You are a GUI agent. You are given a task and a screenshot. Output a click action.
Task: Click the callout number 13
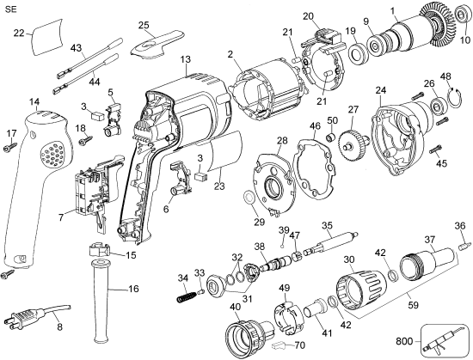[x=185, y=59]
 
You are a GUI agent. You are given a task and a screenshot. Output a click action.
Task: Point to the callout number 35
[x=326, y=226]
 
